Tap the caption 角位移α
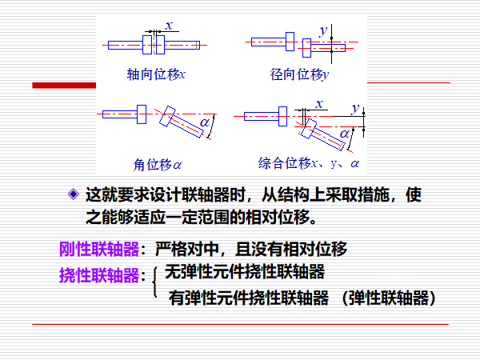point(158,165)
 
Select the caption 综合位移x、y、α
point(309,163)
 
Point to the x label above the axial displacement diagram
point(169,26)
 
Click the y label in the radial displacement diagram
point(323,30)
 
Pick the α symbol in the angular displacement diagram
point(206,122)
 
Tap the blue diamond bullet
point(74,194)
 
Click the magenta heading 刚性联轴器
point(99,249)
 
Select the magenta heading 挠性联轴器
point(99,275)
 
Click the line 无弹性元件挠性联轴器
point(244,271)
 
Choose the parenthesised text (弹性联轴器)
point(389,298)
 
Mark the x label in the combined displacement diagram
point(318,104)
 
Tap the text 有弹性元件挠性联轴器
point(249,298)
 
